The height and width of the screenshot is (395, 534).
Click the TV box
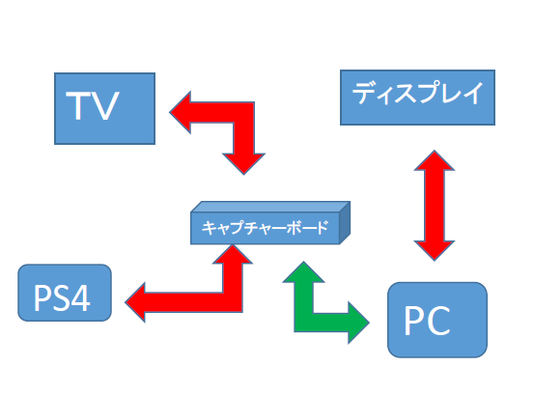(x=104, y=108)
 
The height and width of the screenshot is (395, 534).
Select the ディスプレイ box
(x=417, y=98)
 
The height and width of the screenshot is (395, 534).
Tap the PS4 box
(x=65, y=293)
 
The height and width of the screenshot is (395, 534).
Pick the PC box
(x=437, y=320)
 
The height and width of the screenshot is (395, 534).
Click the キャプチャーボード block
(x=270, y=223)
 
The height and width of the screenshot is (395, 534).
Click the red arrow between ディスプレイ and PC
(x=435, y=206)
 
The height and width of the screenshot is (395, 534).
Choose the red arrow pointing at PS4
(x=233, y=301)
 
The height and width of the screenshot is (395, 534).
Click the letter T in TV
(x=78, y=105)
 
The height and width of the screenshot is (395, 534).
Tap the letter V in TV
(x=104, y=105)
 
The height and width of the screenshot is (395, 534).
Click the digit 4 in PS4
(x=81, y=297)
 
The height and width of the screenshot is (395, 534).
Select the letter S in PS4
(x=61, y=297)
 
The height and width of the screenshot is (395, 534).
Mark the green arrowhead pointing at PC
(x=358, y=323)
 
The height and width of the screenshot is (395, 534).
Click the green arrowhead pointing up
(x=304, y=272)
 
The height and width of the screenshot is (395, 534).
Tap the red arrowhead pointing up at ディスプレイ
(x=435, y=160)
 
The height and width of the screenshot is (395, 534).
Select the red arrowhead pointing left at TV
(x=181, y=112)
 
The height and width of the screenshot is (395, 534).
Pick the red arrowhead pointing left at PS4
(x=135, y=302)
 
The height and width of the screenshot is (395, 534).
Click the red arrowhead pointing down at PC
(x=435, y=251)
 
